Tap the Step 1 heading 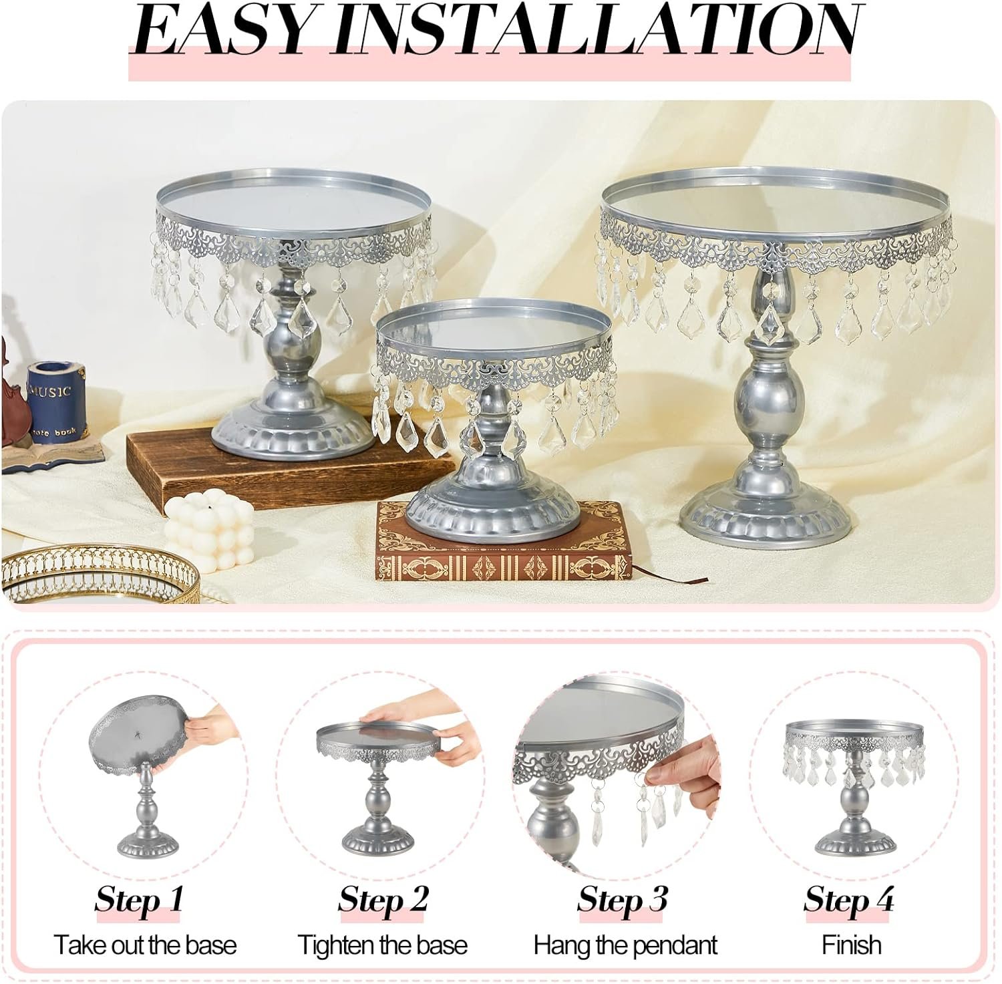point(138,899)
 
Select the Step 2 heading point(382,899)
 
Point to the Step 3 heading point(622,899)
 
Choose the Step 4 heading point(848,899)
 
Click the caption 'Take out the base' point(145,945)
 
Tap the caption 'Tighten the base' point(382,945)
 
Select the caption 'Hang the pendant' point(625,945)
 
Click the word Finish point(851,945)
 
